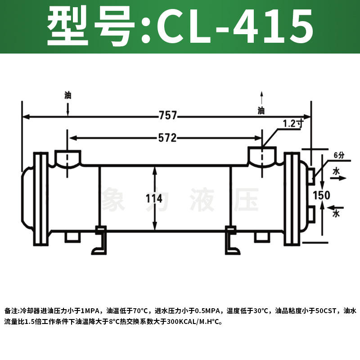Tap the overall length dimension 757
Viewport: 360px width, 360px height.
coord(168,115)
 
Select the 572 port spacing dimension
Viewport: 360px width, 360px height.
coord(167,138)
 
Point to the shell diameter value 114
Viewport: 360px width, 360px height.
coord(154,198)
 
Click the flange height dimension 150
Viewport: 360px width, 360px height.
coord(321,195)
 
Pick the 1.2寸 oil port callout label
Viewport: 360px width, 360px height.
coord(293,124)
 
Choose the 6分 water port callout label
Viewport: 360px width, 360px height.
coord(339,155)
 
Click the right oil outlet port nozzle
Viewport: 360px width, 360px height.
coord(262,157)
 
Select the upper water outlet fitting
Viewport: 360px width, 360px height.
coord(311,176)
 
